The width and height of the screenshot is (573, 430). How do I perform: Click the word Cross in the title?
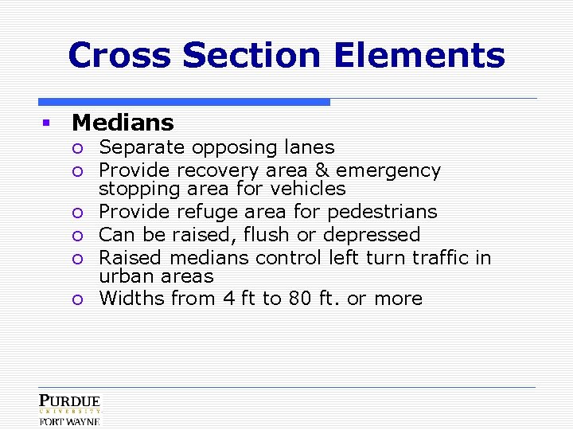pyautogui.click(x=119, y=56)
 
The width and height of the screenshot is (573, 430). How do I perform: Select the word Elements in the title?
pyautogui.click(x=419, y=56)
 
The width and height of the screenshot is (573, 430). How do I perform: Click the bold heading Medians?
pyautogui.click(x=123, y=123)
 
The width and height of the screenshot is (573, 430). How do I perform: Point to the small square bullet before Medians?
pyautogui.click(x=46, y=123)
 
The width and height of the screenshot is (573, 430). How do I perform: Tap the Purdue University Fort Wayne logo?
pyautogui.click(x=70, y=409)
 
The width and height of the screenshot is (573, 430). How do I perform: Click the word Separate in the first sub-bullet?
pyautogui.click(x=133, y=147)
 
